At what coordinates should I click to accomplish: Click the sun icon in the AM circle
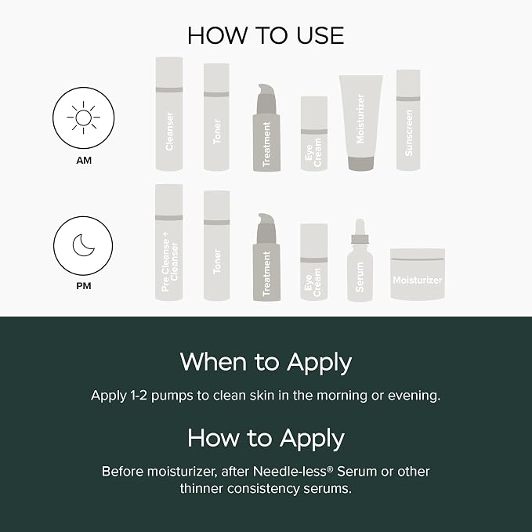[x=84, y=118]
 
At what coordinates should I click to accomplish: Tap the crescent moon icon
[x=83, y=245]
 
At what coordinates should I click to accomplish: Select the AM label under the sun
[x=84, y=160]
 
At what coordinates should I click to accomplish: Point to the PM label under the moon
[x=84, y=286]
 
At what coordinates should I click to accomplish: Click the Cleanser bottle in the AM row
[x=169, y=114]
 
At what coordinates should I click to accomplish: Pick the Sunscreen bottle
[x=408, y=120]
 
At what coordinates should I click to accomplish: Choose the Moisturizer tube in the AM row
[x=361, y=123]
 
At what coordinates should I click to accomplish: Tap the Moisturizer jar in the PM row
[x=418, y=274]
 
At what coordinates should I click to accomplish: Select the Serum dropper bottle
[x=360, y=260]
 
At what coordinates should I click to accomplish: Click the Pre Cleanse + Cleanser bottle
[x=169, y=242]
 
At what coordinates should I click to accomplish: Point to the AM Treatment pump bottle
[x=266, y=128]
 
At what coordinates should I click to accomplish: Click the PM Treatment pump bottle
[x=266, y=257]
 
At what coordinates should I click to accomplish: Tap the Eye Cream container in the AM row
[x=314, y=133]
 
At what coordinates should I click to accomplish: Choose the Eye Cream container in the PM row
[x=314, y=262]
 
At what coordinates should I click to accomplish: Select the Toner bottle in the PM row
[x=216, y=245]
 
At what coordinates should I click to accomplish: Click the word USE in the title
[x=320, y=35]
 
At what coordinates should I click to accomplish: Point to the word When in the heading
[x=213, y=362]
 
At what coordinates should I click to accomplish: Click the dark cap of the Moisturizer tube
[x=361, y=163]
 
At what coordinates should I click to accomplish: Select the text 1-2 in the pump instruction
[x=139, y=396]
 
